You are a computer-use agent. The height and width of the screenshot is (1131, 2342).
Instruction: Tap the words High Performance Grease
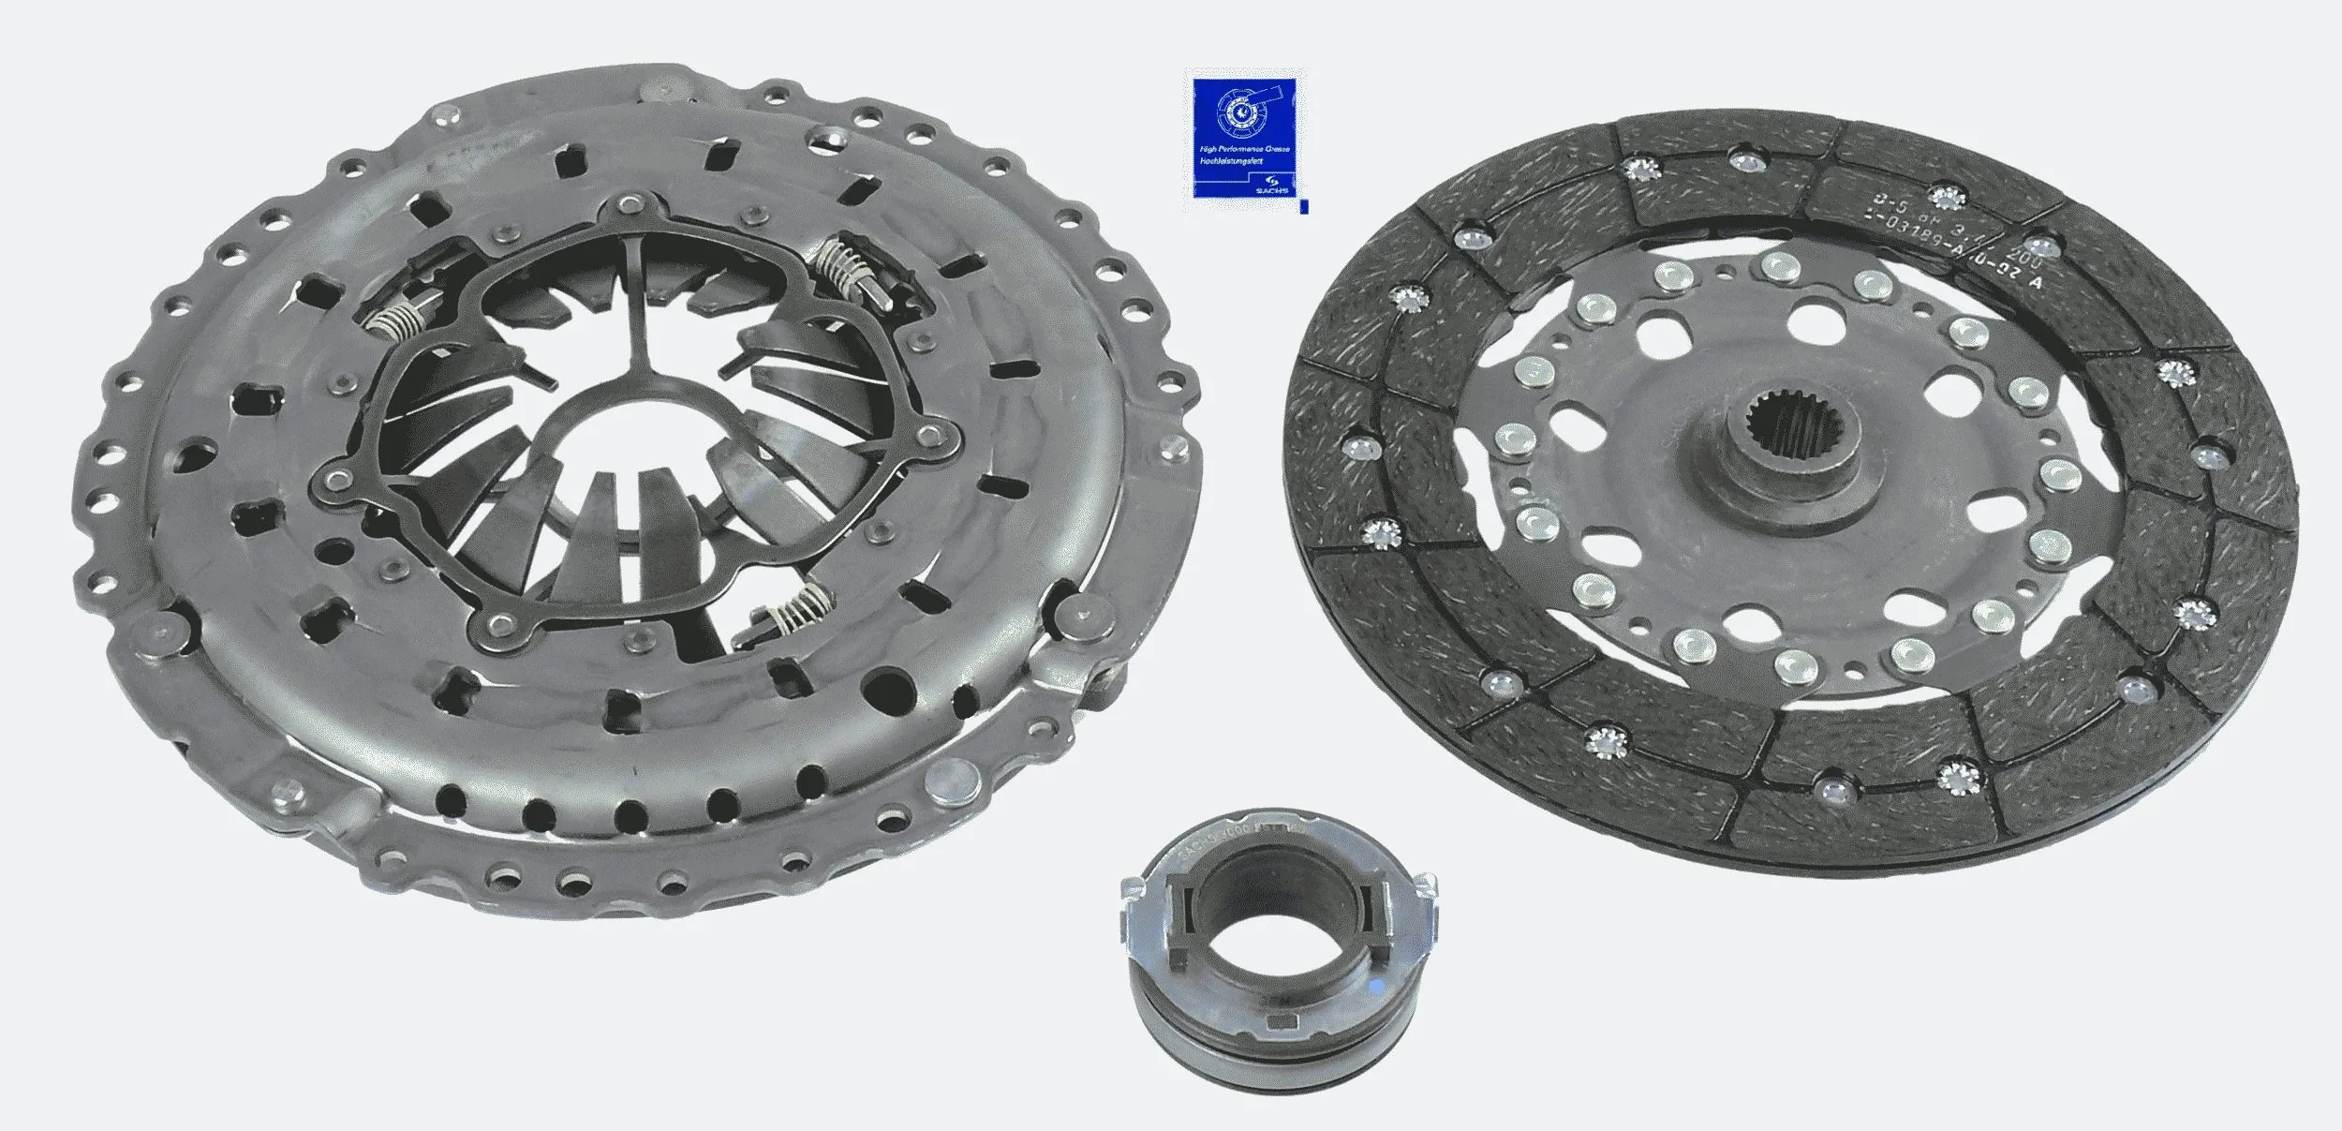click(1245, 150)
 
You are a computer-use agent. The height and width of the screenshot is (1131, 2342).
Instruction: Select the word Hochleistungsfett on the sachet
click(1230, 163)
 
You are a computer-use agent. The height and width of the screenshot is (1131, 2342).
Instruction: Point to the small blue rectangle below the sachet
click(1303, 206)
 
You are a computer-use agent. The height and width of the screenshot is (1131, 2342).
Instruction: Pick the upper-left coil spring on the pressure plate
click(396, 320)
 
